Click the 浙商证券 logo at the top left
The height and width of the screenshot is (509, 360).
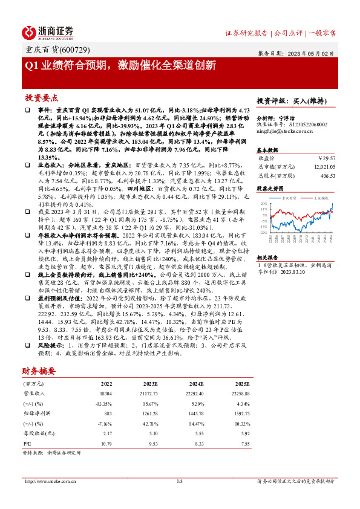(48, 31)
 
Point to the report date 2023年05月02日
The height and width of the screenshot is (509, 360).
(315, 53)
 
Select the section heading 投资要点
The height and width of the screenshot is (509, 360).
(42, 97)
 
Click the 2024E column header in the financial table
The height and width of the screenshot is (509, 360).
(197, 384)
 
